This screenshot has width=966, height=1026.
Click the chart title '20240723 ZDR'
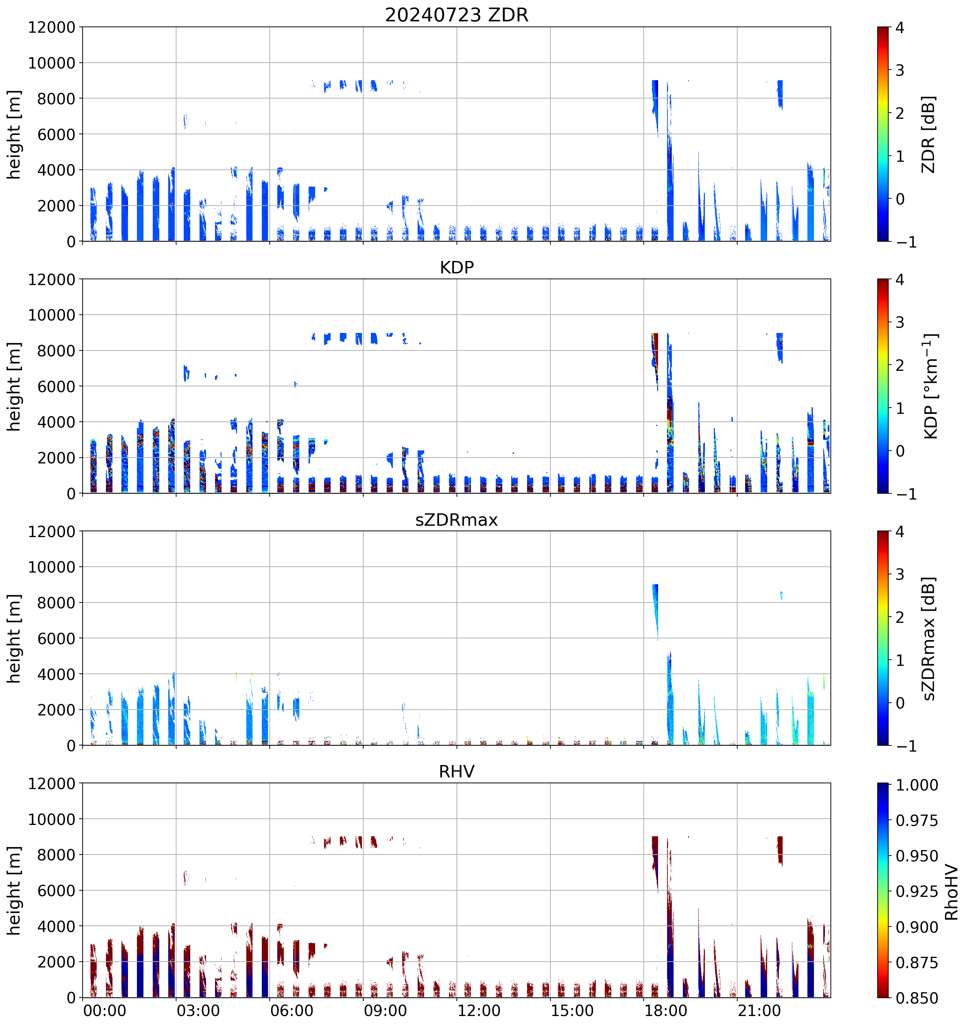click(457, 15)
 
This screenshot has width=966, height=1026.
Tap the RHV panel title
click(457, 772)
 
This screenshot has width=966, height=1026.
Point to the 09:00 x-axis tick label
click(385, 1010)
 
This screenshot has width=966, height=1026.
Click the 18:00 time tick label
click(666, 1010)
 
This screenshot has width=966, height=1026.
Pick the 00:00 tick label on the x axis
click(105, 1010)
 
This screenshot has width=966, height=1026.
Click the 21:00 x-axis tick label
click(759, 1010)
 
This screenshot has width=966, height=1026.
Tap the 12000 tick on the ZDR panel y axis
click(52, 27)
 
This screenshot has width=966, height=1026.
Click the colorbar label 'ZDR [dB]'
click(929, 134)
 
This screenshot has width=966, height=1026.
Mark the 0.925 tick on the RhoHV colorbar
click(917, 891)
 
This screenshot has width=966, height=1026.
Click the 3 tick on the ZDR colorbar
click(900, 70)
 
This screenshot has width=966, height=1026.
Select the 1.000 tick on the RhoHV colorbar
click(917, 785)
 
